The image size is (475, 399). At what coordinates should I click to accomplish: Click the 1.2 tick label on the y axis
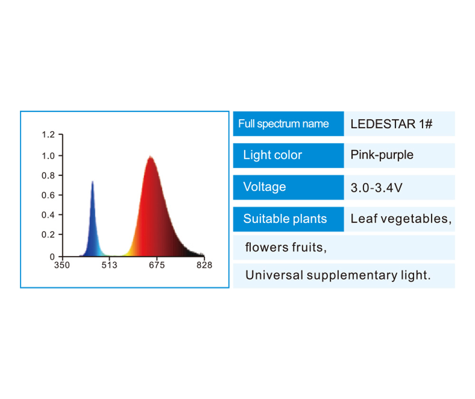pyautogui.click(x=48, y=134)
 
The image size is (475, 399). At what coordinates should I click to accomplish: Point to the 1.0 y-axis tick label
pyautogui.click(x=48, y=156)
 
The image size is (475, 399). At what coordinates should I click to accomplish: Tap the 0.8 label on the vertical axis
pyautogui.click(x=48, y=175)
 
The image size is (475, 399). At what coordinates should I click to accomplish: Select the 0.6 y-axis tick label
pyautogui.click(x=48, y=195)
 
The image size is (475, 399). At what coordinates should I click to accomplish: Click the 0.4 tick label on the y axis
pyautogui.click(x=48, y=215)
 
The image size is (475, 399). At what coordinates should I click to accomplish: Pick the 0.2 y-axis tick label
pyautogui.click(x=48, y=235)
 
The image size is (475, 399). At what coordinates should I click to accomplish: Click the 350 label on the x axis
pyautogui.click(x=62, y=265)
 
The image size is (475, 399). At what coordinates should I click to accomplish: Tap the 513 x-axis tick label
pyautogui.click(x=109, y=265)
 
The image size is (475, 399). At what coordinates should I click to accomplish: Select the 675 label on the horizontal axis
pyautogui.click(x=157, y=265)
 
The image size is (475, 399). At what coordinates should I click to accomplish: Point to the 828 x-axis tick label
pyautogui.click(x=204, y=265)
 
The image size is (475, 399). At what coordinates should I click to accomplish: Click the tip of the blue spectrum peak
pyautogui.click(x=93, y=181)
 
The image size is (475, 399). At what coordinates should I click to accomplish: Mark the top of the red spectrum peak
pyautogui.click(x=150, y=156)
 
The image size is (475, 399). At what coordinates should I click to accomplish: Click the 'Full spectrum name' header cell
pyautogui.click(x=288, y=123)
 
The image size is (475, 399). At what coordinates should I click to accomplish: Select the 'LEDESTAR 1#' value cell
pyautogui.click(x=399, y=123)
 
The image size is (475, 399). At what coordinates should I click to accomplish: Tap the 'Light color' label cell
pyautogui.click(x=288, y=155)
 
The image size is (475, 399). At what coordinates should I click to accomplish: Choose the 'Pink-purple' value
pyautogui.click(x=382, y=155)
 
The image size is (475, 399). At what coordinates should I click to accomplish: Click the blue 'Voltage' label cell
pyautogui.click(x=288, y=187)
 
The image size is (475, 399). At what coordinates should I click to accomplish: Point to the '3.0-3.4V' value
pyautogui.click(x=377, y=188)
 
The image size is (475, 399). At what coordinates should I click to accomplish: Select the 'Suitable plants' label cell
pyautogui.click(x=288, y=219)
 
